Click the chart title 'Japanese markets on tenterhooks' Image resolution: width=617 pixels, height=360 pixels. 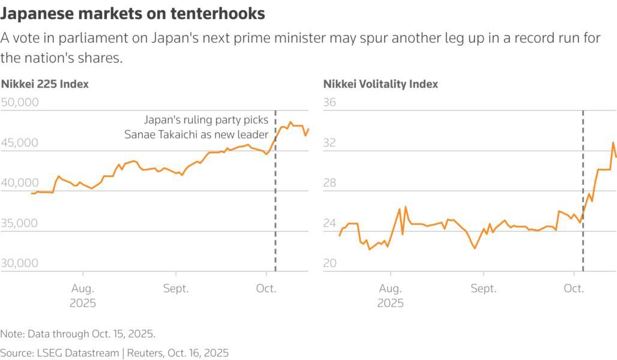(x=133, y=13)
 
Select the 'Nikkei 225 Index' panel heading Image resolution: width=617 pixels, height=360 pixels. (x=44, y=84)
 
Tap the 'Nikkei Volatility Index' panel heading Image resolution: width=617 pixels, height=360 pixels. (x=381, y=84)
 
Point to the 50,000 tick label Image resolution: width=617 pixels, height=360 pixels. (x=20, y=103)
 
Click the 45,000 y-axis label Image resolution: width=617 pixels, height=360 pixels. (x=20, y=143)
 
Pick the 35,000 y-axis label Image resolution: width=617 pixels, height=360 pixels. (x=20, y=223)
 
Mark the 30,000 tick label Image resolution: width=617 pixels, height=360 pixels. (x=20, y=263)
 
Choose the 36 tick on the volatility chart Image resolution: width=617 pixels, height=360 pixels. (x=330, y=103)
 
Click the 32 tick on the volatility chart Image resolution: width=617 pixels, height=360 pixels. (x=330, y=143)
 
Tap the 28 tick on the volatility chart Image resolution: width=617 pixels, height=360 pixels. (x=330, y=183)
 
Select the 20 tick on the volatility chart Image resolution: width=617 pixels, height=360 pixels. (x=330, y=263)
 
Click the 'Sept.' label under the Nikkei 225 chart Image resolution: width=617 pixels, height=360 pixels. (x=176, y=289)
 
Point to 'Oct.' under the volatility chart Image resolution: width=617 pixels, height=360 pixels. (x=574, y=289)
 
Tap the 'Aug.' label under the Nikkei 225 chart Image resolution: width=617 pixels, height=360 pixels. (x=83, y=289)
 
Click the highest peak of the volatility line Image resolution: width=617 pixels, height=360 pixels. (x=613, y=142)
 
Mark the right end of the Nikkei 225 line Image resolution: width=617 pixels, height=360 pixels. (x=308, y=128)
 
